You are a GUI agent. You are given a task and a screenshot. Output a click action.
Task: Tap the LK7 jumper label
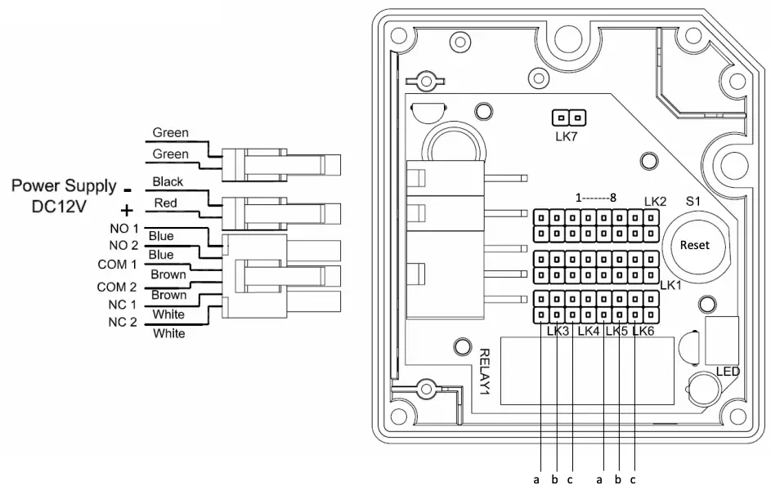(x=566, y=136)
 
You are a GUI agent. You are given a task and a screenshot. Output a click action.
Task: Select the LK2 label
(x=655, y=201)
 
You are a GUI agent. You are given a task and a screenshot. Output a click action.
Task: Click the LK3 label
(x=557, y=331)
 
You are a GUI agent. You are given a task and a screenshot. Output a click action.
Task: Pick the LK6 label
(x=643, y=331)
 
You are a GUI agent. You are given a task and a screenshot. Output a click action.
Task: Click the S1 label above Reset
(x=693, y=201)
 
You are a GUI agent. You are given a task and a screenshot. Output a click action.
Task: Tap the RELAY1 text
(x=483, y=372)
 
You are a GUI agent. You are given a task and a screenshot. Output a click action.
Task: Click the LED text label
(x=728, y=371)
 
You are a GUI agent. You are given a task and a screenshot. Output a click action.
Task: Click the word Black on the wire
(x=168, y=181)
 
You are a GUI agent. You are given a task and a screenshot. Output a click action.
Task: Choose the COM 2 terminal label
(x=117, y=287)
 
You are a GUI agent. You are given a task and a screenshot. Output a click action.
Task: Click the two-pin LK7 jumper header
(x=566, y=118)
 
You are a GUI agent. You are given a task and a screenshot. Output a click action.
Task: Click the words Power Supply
(x=63, y=187)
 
